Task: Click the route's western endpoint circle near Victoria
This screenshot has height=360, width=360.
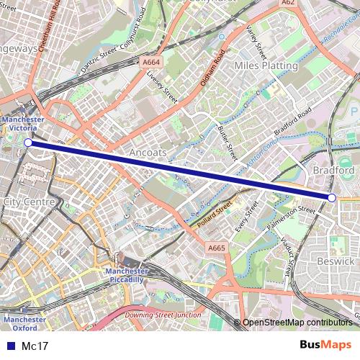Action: coord(28,143)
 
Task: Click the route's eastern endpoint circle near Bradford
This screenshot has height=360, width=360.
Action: coord(332,197)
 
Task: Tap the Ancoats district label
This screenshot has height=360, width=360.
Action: coord(148,153)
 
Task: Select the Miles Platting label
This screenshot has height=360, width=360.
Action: coord(266,66)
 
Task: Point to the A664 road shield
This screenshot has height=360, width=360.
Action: coord(150,63)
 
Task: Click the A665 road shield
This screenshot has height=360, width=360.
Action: coord(216,248)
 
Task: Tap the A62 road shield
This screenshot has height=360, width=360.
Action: coord(289,3)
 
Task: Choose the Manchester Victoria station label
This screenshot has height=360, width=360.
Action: coord(23,124)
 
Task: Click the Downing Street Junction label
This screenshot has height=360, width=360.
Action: coord(163,315)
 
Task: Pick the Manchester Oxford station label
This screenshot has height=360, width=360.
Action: coord(19,323)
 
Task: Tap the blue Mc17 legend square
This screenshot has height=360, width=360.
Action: coord(10,346)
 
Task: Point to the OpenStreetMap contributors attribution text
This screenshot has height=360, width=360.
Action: coord(297,323)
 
